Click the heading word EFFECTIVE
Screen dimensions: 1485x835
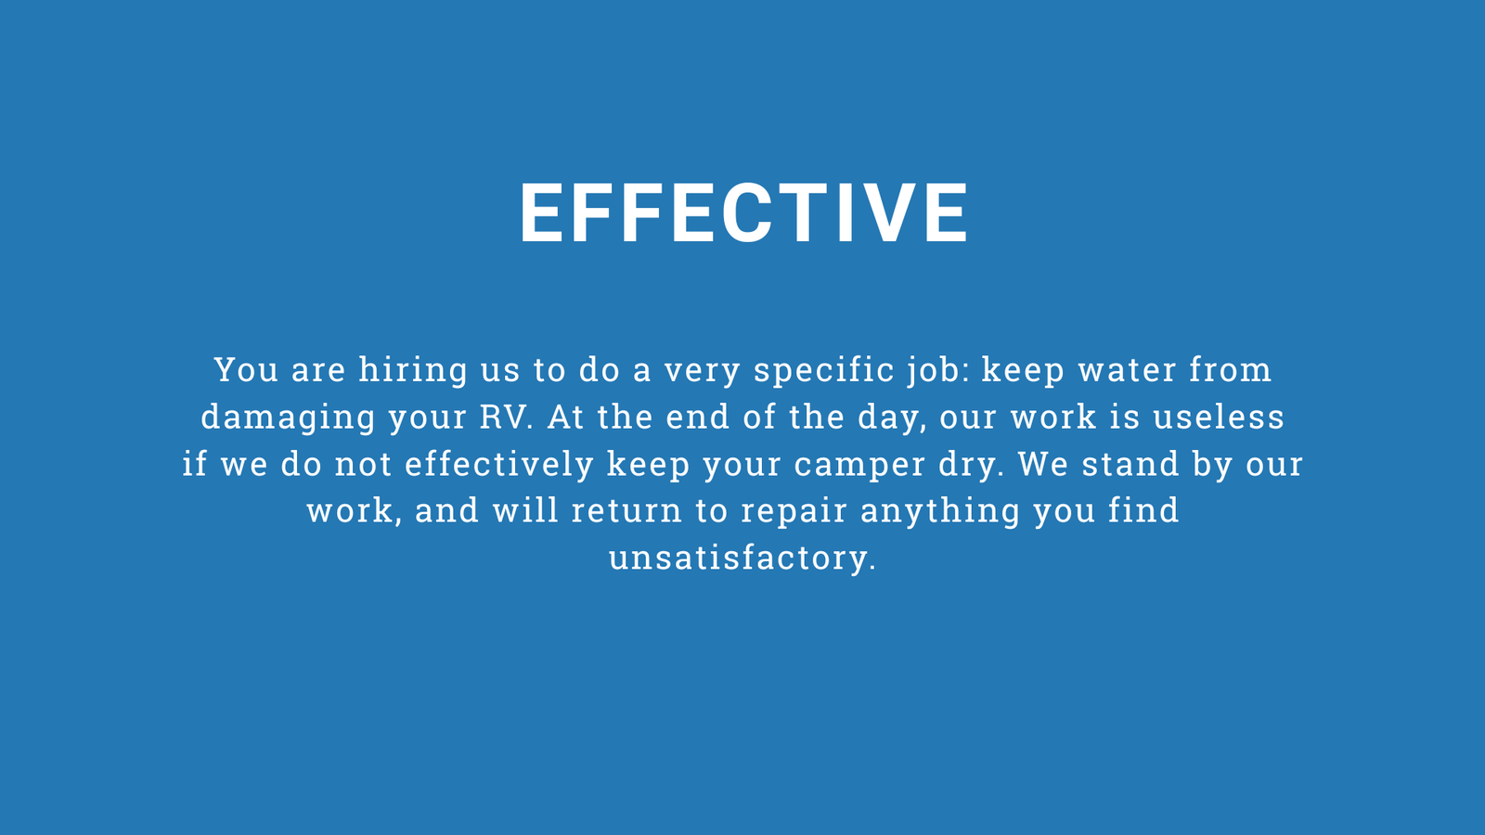tap(743, 212)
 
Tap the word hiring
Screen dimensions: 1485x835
tap(413, 370)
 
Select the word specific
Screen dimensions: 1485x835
tap(824, 370)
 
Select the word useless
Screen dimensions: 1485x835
tap(1220, 417)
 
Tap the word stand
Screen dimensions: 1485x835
tap(1131, 464)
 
